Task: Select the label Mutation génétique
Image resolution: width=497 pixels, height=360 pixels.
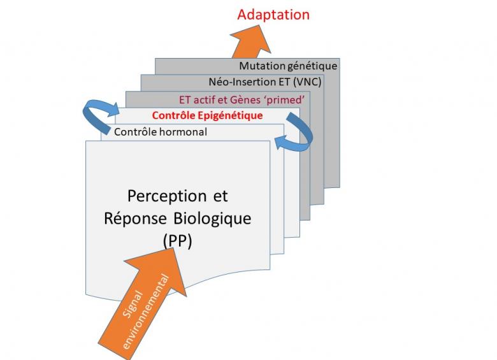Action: click(288, 66)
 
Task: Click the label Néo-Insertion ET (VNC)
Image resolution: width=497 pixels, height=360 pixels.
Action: click(265, 82)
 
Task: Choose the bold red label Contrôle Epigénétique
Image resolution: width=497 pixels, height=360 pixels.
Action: click(207, 116)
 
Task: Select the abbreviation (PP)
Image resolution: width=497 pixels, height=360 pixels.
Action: click(178, 241)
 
